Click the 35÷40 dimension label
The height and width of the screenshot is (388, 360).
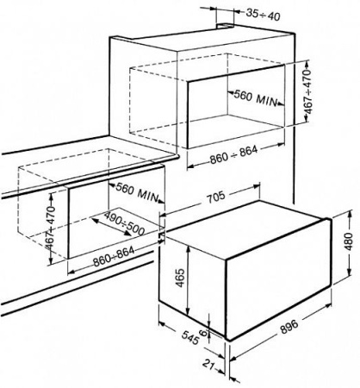pos(263,16)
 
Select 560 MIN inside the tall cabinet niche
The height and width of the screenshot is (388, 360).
pos(256,97)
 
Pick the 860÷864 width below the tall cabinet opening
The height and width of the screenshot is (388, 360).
pos(233,155)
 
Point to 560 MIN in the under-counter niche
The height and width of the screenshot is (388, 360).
pos(137,191)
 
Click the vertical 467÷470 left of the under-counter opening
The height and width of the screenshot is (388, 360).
pos(51,227)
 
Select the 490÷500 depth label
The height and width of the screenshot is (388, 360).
pos(124,223)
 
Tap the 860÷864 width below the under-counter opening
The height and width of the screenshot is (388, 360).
pos(114,256)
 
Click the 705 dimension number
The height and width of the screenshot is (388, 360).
pos(216,197)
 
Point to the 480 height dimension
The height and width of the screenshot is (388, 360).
pos(349,241)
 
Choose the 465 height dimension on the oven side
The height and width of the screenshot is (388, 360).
pos(180,278)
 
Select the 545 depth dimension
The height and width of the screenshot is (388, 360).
pos(190,338)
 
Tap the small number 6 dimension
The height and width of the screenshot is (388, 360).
pos(203,333)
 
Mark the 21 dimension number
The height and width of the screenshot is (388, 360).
pos(209,365)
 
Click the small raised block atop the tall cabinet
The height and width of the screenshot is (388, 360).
pos(226,27)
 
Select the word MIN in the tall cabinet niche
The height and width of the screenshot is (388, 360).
pos(266,100)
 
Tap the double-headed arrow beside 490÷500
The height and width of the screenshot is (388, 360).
pos(111,228)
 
